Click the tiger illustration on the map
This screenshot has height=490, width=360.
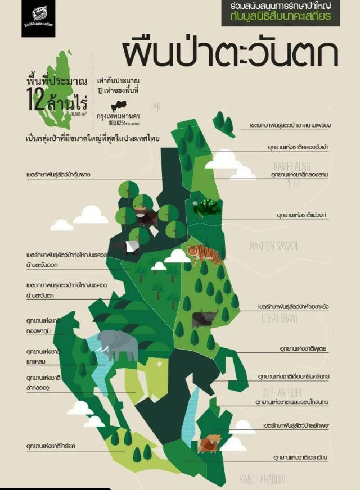[205, 254]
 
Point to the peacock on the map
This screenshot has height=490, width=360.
[206, 207]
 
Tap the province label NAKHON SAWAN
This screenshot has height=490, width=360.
[274, 246]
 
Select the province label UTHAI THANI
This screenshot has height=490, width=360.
[281, 319]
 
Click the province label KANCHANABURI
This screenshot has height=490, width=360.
[263, 479]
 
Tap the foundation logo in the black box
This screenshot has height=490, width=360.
[38, 18]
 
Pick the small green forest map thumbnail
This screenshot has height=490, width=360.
[57, 90]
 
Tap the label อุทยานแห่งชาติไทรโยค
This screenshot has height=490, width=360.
[51, 446]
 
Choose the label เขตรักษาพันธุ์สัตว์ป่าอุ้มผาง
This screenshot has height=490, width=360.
[58, 175]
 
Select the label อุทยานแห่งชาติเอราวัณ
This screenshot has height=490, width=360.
[300, 457]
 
